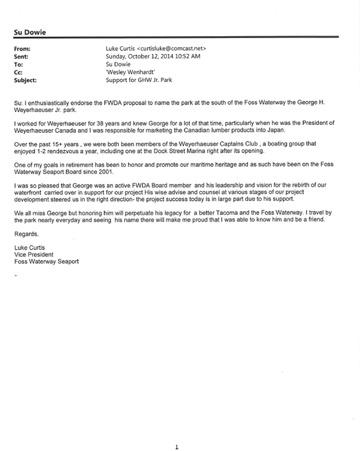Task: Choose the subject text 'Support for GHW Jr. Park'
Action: pos(140,80)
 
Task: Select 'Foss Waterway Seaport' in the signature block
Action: pos(46,261)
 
